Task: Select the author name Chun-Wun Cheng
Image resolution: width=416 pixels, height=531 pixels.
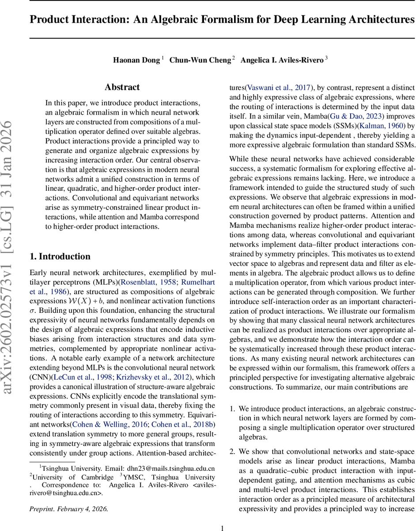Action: [x=200, y=60]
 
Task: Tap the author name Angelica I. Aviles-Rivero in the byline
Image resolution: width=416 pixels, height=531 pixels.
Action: [x=282, y=60]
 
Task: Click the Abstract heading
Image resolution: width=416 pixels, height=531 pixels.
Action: [x=122, y=87]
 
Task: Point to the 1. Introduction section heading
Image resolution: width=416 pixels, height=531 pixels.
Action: [x=60, y=257]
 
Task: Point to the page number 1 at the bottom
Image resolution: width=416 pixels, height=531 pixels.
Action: [x=223, y=527]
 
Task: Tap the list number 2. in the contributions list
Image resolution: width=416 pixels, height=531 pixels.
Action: [x=232, y=451]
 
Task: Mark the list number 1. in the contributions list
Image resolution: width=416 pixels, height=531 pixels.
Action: [x=232, y=408]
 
